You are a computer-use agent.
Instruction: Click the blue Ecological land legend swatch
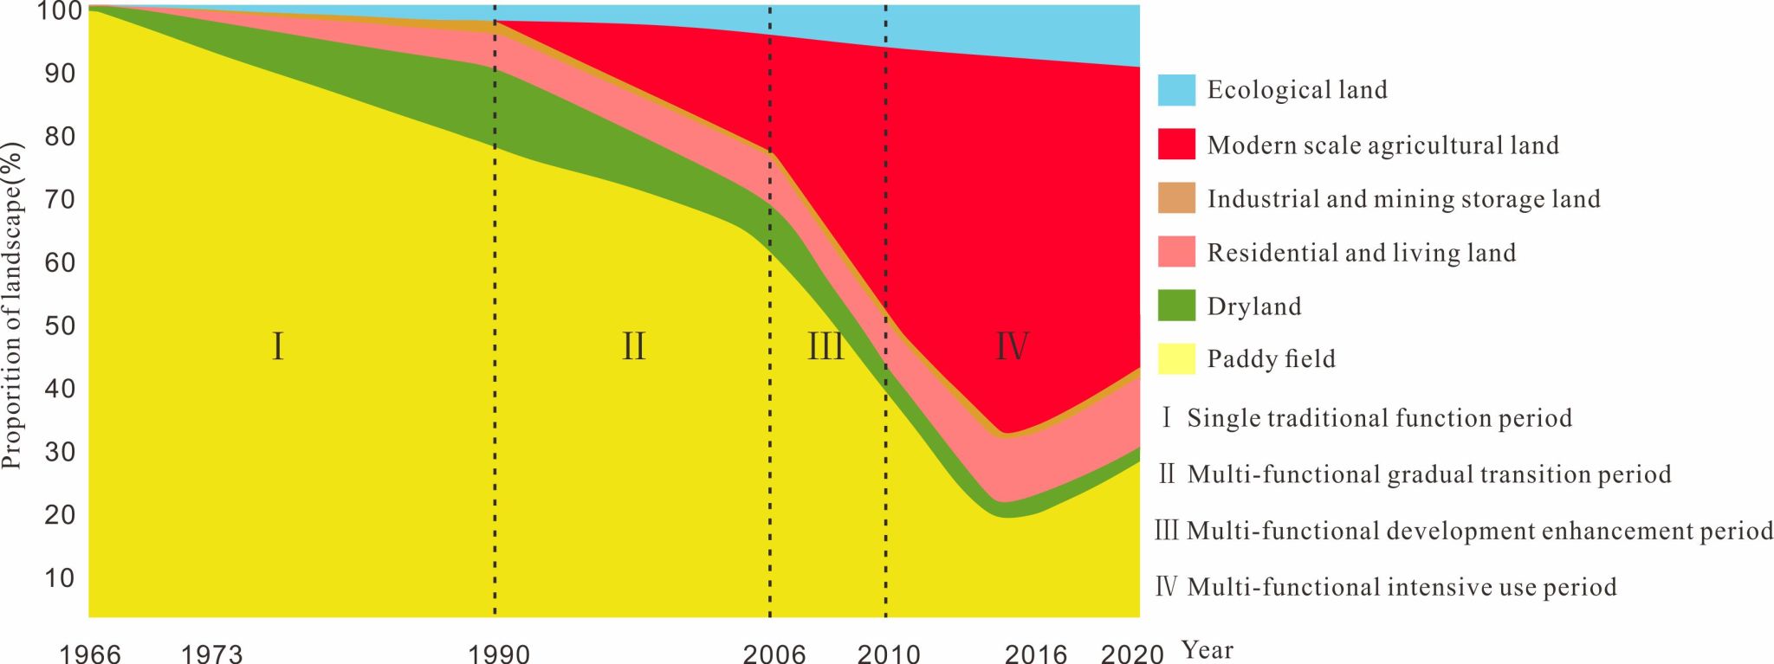pyautogui.click(x=1175, y=90)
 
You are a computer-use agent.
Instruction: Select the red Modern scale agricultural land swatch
pyautogui.click(x=1175, y=144)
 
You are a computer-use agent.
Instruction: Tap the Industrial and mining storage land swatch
pyautogui.click(x=1175, y=197)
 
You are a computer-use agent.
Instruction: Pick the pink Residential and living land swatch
pyautogui.click(x=1175, y=251)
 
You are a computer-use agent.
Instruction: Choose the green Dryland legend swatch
pyautogui.click(x=1175, y=305)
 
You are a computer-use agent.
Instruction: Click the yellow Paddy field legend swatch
pyautogui.click(x=1175, y=358)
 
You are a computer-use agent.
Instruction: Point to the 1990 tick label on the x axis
pyautogui.click(x=498, y=653)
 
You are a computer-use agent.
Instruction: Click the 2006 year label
pyautogui.click(x=774, y=653)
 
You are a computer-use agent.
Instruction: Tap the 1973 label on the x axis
pyautogui.click(x=211, y=653)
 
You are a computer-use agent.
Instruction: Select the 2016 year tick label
pyautogui.click(x=1035, y=653)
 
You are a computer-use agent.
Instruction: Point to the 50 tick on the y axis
pyautogui.click(x=60, y=326)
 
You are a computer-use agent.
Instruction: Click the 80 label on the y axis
pyautogui.click(x=60, y=136)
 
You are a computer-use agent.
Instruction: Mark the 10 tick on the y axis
pyautogui.click(x=60, y=577)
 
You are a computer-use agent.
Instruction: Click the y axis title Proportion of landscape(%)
pyautogui.click(x=12, y=305)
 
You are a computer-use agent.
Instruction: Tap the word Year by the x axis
pyautogui.click(x=1207, y=649)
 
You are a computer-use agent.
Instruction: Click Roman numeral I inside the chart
pyautogui.click(x=277, y=346)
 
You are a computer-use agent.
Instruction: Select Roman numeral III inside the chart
pyautogui.click(x=825, y=346)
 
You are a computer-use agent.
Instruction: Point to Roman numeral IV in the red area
pyautogui.click(x=1011, y=346)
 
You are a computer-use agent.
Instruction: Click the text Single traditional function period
pyautogui.click(x=1379, y=418)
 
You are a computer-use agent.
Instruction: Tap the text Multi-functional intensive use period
pyautogui.click(x=1402, y=587)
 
